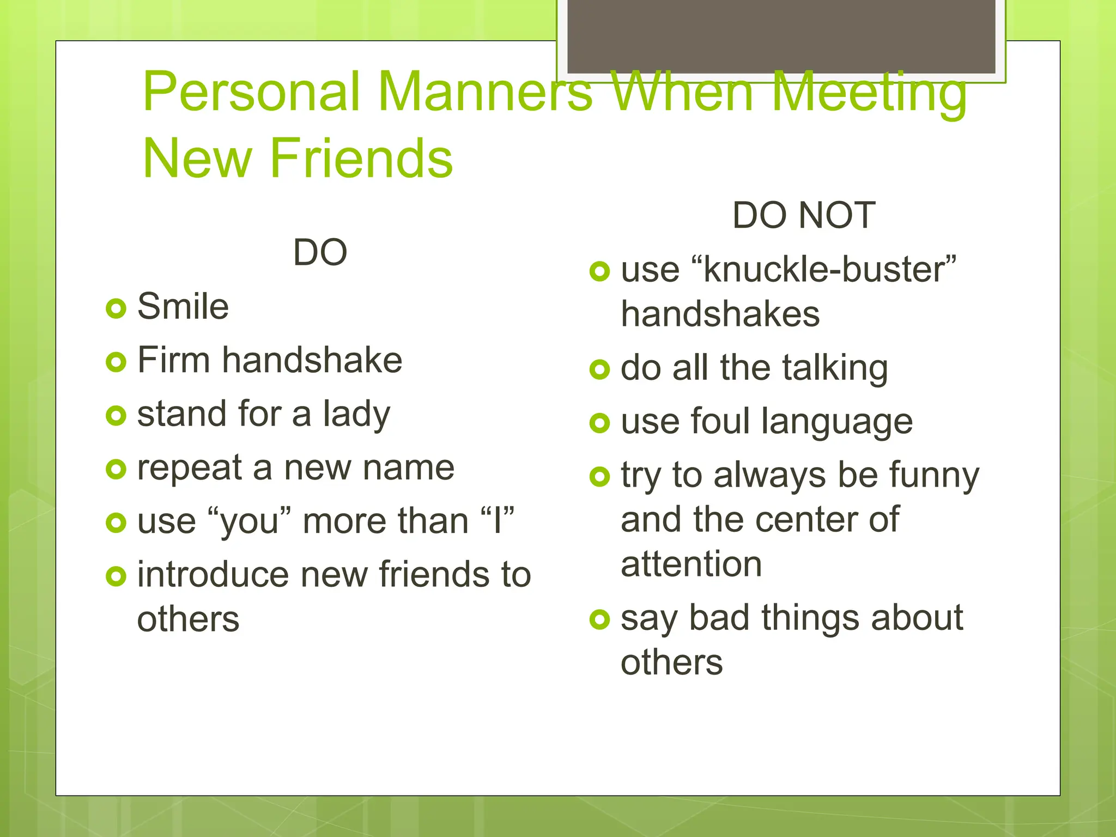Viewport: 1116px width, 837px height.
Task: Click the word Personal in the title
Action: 251,92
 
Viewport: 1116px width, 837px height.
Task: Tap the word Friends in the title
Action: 361,158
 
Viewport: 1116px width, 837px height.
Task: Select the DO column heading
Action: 320,252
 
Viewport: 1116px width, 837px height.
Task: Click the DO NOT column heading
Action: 804,215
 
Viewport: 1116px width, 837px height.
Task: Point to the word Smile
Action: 183,306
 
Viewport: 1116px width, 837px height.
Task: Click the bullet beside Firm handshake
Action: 116,362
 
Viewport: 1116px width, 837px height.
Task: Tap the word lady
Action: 357,414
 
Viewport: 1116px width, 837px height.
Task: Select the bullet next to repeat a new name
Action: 116,469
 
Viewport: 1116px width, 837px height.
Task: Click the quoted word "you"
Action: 250,521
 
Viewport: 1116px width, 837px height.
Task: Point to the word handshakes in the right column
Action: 720,314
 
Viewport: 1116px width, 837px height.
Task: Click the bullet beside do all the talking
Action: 599,369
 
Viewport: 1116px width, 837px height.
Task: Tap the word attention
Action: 691,564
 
